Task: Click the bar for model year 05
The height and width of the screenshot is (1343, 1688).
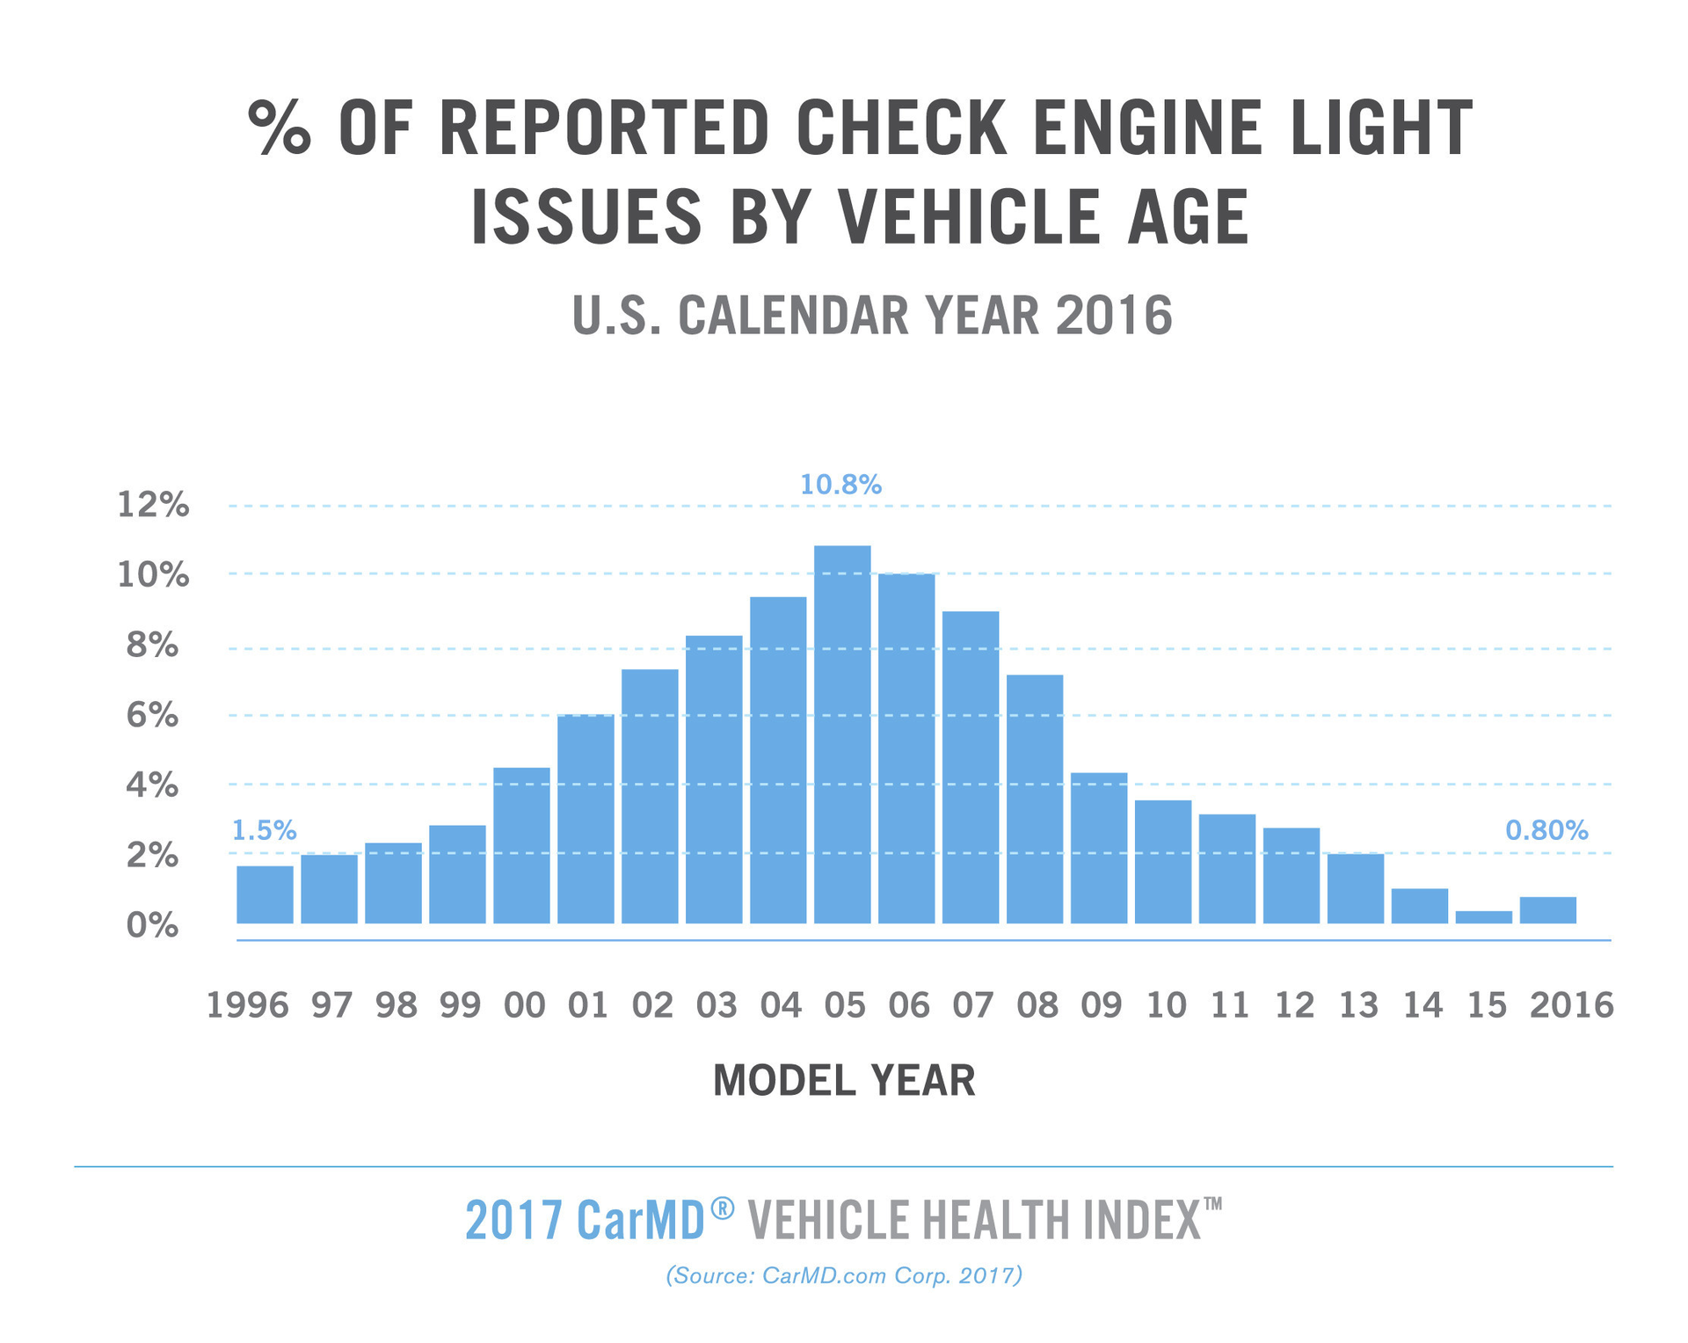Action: coord(842,734)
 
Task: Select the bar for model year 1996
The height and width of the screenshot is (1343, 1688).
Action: coord(265,894)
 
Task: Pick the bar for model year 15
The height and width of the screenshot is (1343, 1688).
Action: coord(1483,917)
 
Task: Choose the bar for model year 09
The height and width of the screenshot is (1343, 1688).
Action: coord(1099,848)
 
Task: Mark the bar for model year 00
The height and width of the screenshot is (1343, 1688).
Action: coord(521,845)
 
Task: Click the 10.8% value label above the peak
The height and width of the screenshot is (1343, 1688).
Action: coord(840,485)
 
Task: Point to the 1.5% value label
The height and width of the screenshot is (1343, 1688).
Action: coord(264,830)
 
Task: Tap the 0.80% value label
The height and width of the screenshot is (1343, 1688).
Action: coord(1546,830)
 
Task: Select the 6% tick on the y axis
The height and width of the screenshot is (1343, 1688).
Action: coord(153,715)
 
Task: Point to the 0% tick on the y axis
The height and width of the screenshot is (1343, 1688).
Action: coord(153,925)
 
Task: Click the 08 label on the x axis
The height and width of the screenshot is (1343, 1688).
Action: coord(1037,1004)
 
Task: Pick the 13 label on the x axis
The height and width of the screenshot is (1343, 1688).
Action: coord(1358,1004)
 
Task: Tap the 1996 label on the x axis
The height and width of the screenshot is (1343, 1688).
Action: coord(247,1004)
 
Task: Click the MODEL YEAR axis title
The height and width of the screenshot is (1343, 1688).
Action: coord(844,1081)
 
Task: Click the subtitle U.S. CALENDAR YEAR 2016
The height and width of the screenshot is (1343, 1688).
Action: coord(872,315)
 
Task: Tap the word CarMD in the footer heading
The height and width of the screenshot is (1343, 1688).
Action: coord(642,1220)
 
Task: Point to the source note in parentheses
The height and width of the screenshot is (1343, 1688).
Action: coord(844,1275)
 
